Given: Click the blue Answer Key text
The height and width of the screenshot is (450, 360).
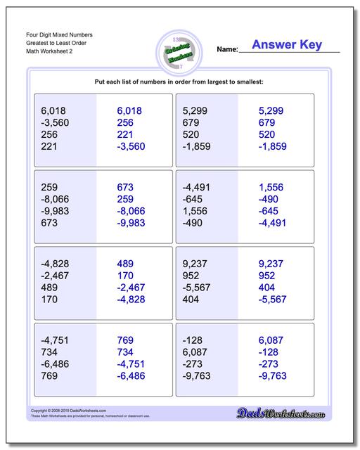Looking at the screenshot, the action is (290, 45).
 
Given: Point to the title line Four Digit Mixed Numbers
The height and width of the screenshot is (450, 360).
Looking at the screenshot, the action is (62, 34).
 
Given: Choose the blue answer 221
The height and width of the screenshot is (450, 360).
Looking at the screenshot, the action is (125, 134).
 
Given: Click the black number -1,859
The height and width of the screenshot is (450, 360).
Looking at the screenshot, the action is (198, 146).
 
